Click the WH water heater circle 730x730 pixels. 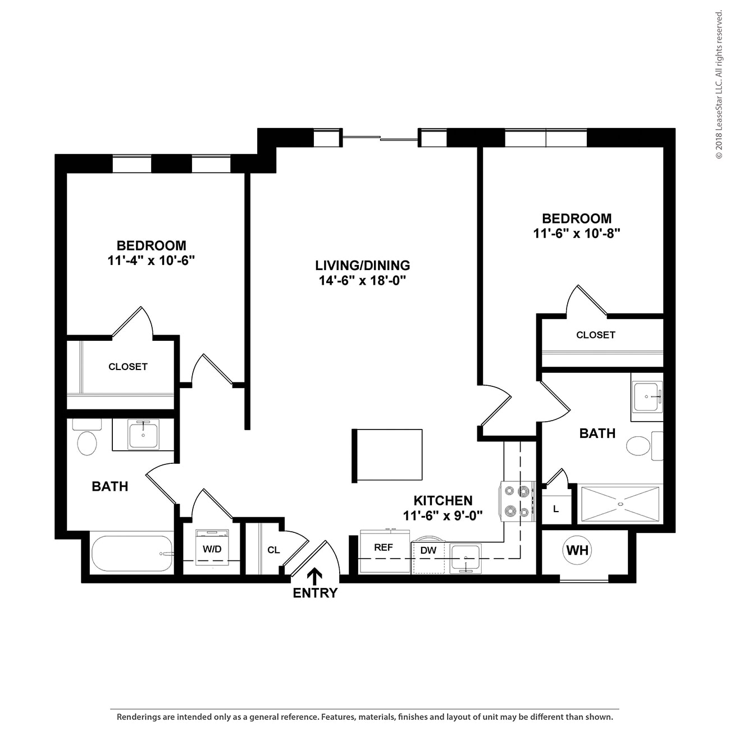pyautogui.click(x=577, y=550)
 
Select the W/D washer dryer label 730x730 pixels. pyautogui.click(x=212, y=549)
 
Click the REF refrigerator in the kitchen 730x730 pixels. pyautogui.click(x=384, y=547)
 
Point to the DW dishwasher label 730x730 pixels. pyautogui.click(x=428, y=550)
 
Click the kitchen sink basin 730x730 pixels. pyautogui.click(x=466, y=557)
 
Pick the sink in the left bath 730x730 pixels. pyautogui.click(x=143, y=435)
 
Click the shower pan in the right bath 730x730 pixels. pyautogui.click(x=620, y=504)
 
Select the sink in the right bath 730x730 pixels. pyautogui.click(x=647, y=396)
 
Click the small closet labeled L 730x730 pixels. pyautogui.click(x=556, y=509)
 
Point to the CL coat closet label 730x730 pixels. pyautogui.click(x=273, y=550)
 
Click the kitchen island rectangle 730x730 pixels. pyautogui.click(x=387, y=455)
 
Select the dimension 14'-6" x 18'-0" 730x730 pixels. pyautogui.click(x=362, y=281)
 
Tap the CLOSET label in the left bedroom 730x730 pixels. pyautogui.click(x=127, y=367)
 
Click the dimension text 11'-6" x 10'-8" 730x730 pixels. pyautogui.click(x=576, y=233)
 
